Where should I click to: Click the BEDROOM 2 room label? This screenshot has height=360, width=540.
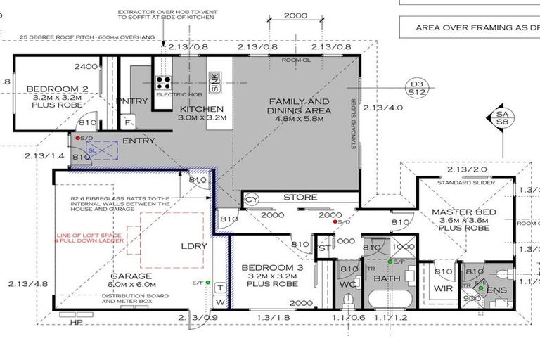pos(48,89)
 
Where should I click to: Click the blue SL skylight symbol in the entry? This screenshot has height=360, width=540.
pos(91,150)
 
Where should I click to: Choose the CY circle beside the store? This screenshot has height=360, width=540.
pos(251,201)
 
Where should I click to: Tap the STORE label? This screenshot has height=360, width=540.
pos(300,198)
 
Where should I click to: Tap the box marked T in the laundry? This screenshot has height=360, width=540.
pos(219,288)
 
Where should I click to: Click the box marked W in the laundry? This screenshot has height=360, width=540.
pos(219,303)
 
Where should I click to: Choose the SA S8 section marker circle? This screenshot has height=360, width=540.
pos(502,117)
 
